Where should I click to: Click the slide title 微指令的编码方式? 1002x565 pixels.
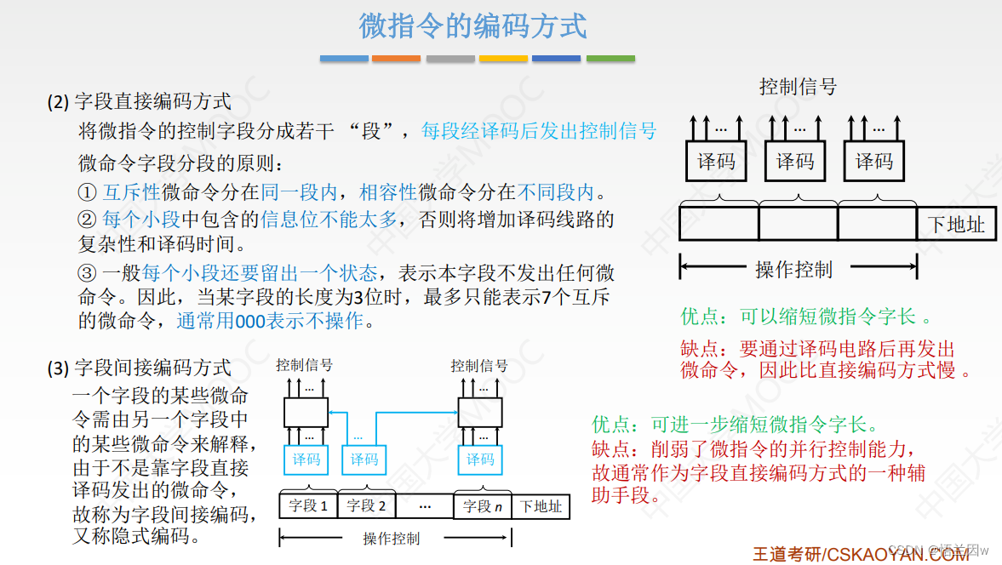pos(472,26)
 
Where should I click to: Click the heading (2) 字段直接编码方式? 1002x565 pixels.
pos(139,102)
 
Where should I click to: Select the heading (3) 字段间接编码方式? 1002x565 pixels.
pos(139,368)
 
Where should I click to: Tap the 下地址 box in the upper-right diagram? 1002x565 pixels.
pos(955,225)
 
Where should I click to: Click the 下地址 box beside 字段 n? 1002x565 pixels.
pos(541,506)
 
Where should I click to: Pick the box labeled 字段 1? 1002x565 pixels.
pos(308,506)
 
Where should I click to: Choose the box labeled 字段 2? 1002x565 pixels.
pos(366,506)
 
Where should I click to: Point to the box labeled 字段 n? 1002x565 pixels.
pos(482,506)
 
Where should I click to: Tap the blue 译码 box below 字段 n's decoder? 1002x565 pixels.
pos(480,459)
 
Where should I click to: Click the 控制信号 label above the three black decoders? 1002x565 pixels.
pos(798,87)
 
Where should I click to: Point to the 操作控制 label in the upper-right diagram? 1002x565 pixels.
pos(793,270)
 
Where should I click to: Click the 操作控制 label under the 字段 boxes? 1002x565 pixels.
pos(391,538)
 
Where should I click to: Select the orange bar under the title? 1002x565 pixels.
pos(396,59)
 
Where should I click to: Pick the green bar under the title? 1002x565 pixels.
pos(610,59)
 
